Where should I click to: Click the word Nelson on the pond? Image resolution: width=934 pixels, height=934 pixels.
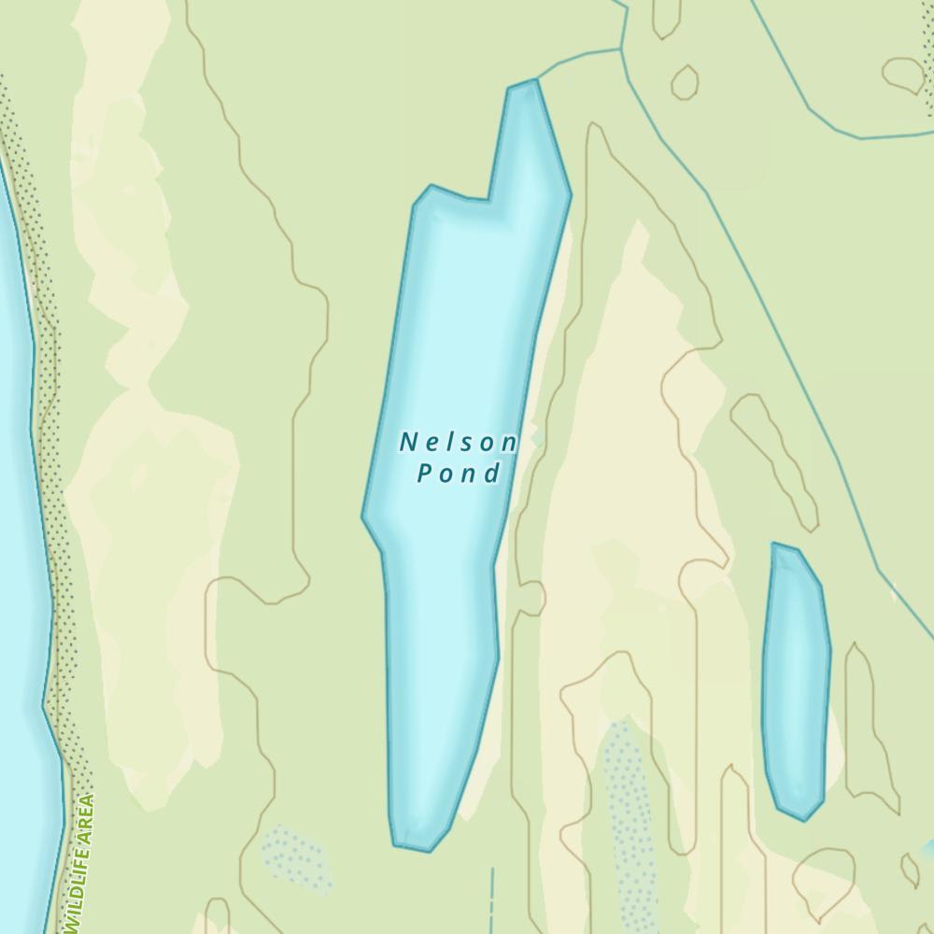[459, 442]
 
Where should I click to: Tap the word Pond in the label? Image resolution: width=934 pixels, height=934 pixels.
[459, 474]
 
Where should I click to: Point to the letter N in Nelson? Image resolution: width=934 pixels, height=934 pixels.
[408, 442]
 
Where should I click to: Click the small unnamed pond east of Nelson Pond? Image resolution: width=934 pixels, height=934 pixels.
[796, 677]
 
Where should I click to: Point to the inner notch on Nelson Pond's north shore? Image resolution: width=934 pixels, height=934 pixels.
[488, 199]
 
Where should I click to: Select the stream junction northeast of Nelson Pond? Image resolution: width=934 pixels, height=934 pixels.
[620, 49]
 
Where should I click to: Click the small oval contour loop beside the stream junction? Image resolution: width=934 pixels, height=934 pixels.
[685, 82]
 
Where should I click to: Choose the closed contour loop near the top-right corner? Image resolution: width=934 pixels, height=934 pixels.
[903, 75]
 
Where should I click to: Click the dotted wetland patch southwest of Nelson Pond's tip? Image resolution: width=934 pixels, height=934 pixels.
[294, 857]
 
